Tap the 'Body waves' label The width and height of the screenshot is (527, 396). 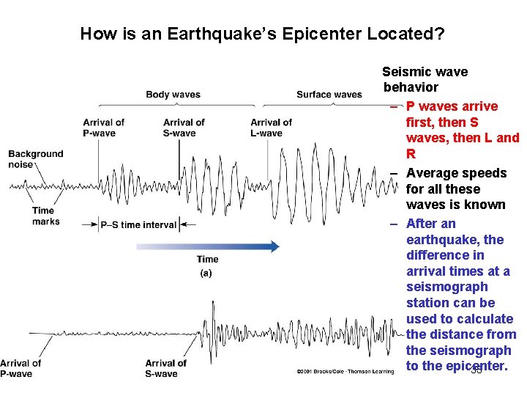click(x=173, y=95)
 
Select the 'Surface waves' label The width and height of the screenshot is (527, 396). click(x=329, y=95)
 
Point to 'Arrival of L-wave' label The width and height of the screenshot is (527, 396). click(x=271, y=128)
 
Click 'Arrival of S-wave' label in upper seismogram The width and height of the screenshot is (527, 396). click(x=184, y=128)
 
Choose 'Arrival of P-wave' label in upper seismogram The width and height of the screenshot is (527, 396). click(x=103, y=128)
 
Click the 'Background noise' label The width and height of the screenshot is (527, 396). click(x=36, y=159)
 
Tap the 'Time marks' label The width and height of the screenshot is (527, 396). click(x=44, y=216)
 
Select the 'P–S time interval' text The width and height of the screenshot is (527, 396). click(x=138, y=225)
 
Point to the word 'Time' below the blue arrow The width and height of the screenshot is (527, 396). click(x=207, y=259)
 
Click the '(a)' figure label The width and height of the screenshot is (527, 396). click(x=206, y=273)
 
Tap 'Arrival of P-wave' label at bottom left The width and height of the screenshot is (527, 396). click(x=20, y=368)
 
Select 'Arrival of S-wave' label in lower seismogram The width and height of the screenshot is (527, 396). click(x=165, y=368)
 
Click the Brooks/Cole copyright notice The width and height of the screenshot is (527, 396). click(x=345, y=373)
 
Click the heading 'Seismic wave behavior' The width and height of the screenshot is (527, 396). click(x=425, y=79)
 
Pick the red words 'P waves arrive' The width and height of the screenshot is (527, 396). click(x=452, y=106)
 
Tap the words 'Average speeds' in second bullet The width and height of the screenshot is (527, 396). click(x=456, y=173)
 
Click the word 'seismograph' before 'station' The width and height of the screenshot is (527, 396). click(x=446, y=287)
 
